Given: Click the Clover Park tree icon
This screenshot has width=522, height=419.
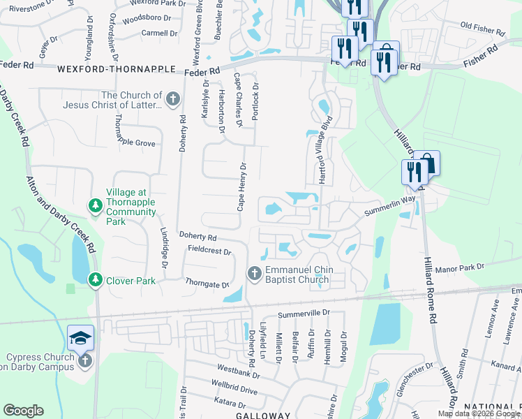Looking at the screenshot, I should (95, 279).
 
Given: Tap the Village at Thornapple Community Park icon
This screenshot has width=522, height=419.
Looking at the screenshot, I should (95, 205).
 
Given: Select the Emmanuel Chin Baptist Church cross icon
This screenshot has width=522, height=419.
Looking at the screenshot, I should (255, 272).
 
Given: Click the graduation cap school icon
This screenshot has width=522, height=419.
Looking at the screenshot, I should (80, 337).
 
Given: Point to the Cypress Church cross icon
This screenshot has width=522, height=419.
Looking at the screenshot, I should (85, 361).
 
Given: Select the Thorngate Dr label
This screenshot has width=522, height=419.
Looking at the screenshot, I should (207, 284).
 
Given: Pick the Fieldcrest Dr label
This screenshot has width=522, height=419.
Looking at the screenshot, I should (209, 250).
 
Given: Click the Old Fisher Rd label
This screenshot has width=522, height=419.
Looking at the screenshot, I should (483, 30).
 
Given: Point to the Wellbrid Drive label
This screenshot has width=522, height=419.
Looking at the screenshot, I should (235, 387).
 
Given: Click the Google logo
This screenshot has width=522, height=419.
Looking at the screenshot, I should (23, 411).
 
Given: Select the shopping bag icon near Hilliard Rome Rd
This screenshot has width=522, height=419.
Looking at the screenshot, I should (429, 164).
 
